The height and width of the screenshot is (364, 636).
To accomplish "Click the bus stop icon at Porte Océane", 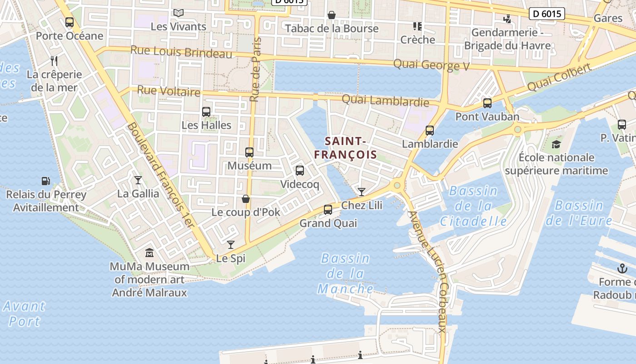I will coord(70,22).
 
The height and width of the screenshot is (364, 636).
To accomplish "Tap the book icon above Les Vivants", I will coord(179,13).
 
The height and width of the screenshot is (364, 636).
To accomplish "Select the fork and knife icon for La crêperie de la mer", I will coord(54,61).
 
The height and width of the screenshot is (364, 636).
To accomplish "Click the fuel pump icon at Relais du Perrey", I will coord(45,181).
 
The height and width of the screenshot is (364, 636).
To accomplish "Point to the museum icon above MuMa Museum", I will coord(149,252).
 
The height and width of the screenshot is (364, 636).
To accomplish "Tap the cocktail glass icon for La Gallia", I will coord(138,180).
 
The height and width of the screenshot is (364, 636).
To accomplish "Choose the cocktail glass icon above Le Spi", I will coord(231,245).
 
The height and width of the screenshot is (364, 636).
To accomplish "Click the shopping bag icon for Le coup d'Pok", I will coord(246,199).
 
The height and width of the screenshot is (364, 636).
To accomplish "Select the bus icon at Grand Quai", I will coord(328,210).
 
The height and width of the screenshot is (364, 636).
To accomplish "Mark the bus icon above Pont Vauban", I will coord(487,103).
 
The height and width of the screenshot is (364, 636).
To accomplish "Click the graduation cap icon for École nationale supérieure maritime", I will coord(556,144).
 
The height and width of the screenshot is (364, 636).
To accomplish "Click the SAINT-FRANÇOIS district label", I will coord(345,148).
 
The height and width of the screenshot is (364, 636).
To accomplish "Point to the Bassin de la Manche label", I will coord(345,273).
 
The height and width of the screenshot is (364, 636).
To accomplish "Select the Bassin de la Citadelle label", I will coord(473,206).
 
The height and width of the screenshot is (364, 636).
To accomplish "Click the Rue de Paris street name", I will coord(257,69).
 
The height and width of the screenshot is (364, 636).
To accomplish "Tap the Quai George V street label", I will coord(431,65).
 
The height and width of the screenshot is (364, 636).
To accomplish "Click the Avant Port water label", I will coord(25,313).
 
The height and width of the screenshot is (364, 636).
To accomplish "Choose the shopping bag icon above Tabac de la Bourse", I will coord(332,15).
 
